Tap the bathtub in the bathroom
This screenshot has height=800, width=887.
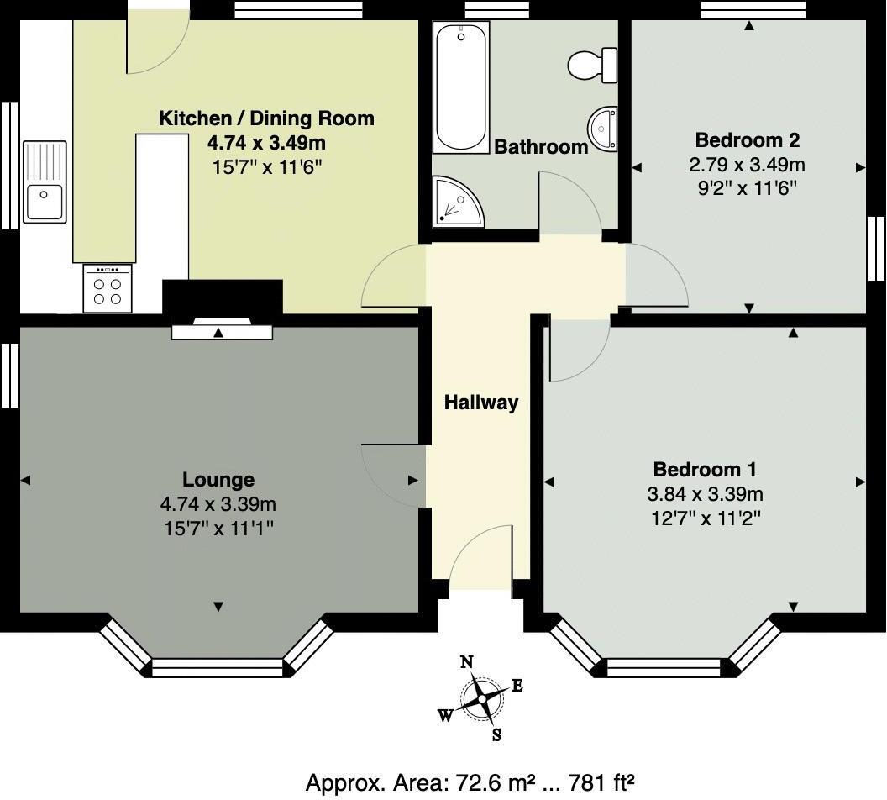point(460,87)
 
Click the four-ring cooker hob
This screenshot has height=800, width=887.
point(108,289)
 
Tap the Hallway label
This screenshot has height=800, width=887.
point(481,403)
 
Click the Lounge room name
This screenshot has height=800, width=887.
point(218,480)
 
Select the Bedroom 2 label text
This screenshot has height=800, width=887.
point(748,139)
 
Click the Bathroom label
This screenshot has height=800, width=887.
point(541,147)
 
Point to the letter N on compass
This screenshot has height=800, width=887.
point(467,661)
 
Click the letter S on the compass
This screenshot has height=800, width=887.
point(496,735)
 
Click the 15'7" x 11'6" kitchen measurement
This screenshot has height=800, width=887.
point(266,166)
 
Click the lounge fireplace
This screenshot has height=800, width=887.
point(222,331)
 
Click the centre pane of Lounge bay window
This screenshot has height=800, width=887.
point(218,667)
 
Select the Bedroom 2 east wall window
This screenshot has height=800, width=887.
point(876,248)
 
